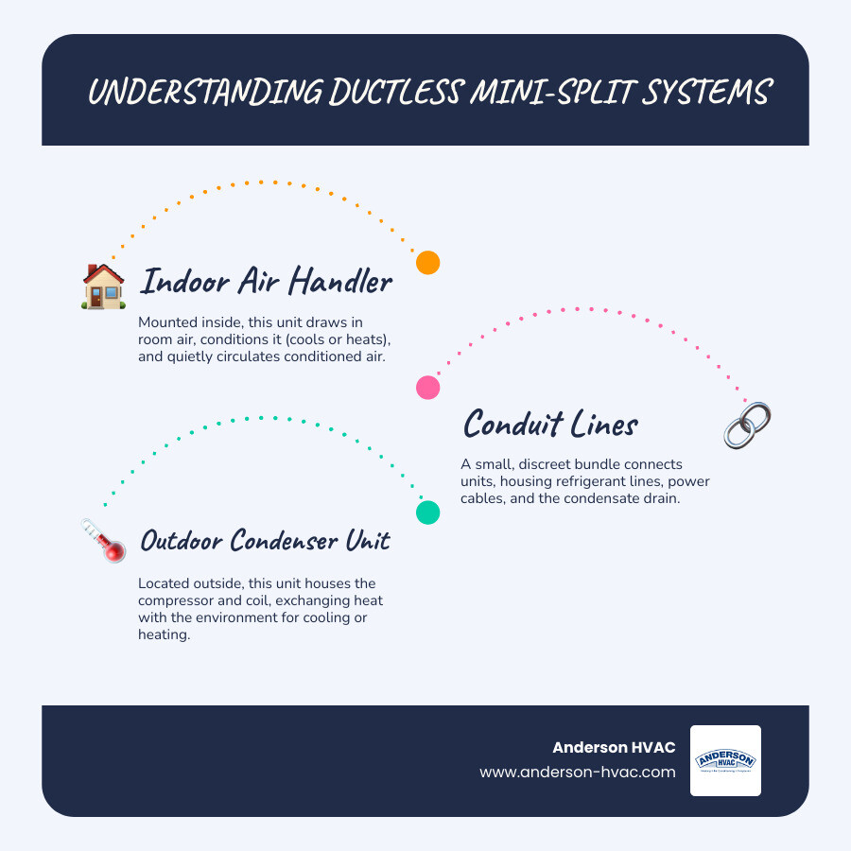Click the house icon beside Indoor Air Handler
pos(104,286)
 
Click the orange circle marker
pos(428,263)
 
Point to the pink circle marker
pos(428,387)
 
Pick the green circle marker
pos(428,512)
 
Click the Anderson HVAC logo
pos(725,760)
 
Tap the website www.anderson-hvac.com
pos(578,772)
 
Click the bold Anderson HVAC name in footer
pos(614,748)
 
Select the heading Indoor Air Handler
pos(267,281)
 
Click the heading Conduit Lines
pos(550,425)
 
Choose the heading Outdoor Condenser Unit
pos(265,541)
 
